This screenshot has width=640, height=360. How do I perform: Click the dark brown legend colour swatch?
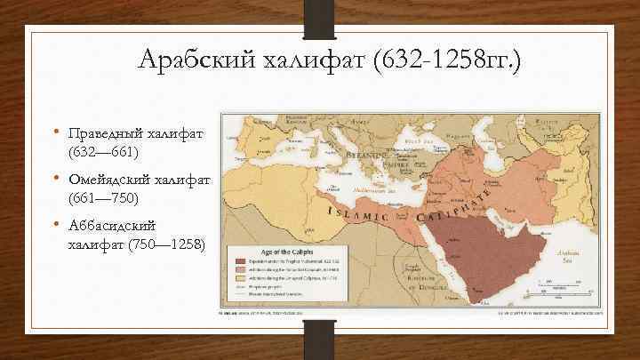click(240, 260)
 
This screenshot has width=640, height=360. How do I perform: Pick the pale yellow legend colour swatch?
click(240, 277)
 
